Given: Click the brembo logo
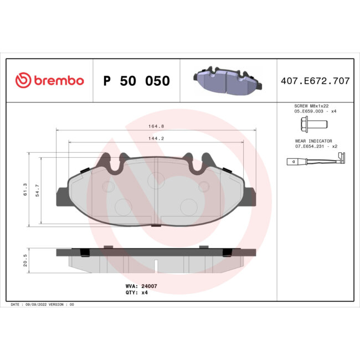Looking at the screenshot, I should click(49, 81).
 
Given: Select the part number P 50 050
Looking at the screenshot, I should click(137, 81).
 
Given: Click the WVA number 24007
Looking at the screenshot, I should click(150, 286).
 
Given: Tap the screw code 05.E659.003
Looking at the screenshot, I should click(309, 111).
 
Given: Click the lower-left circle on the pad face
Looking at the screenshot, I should click(121, 206).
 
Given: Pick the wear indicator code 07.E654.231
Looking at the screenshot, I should click(310, 147).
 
